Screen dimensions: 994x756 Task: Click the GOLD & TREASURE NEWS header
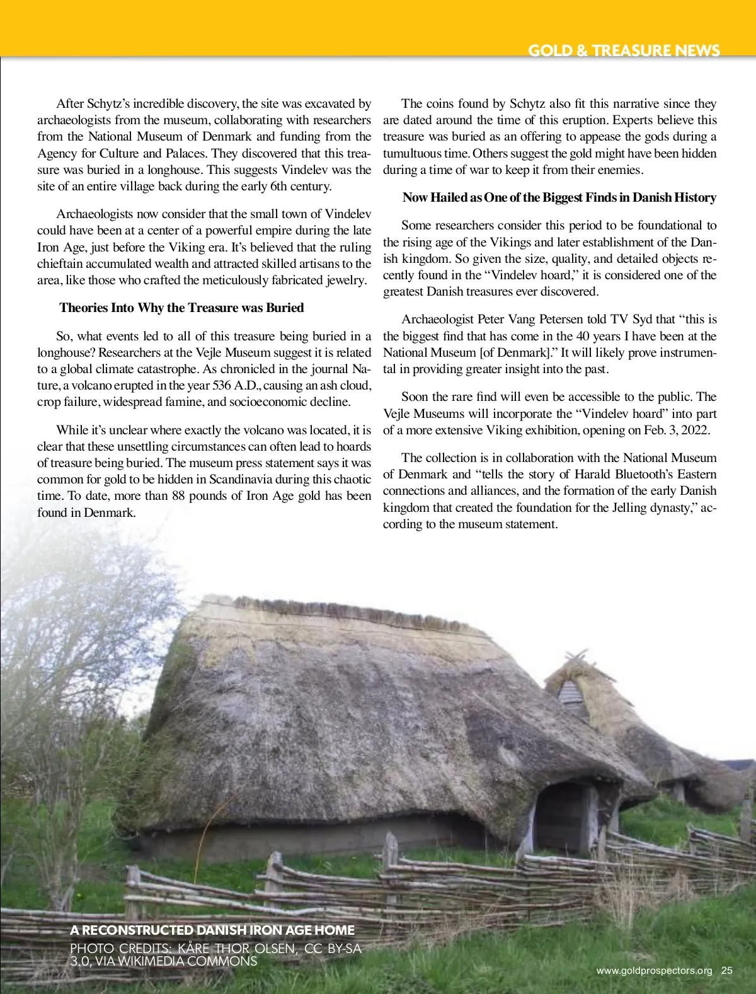click(623, 50)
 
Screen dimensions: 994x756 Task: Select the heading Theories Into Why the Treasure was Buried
click(181, 308)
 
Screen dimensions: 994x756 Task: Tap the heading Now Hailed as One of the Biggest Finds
click(559, 197)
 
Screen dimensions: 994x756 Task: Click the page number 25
click(727, 970)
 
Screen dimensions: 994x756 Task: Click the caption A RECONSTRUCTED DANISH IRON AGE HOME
click(212, 930)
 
